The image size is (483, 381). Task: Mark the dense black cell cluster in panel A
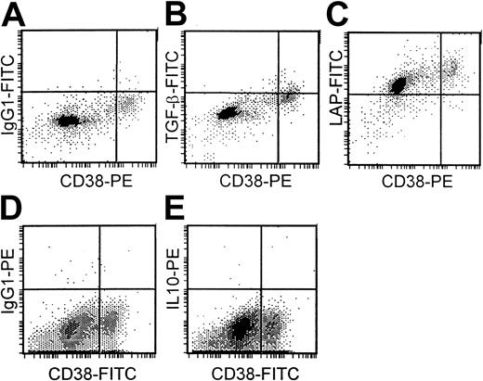pyautogui.click(x=67, y=121)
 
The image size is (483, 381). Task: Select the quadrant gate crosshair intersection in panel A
pyautogui.click(x=116, y=91)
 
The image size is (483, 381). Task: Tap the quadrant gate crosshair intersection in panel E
pyautogui.click(x=261, y=289)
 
